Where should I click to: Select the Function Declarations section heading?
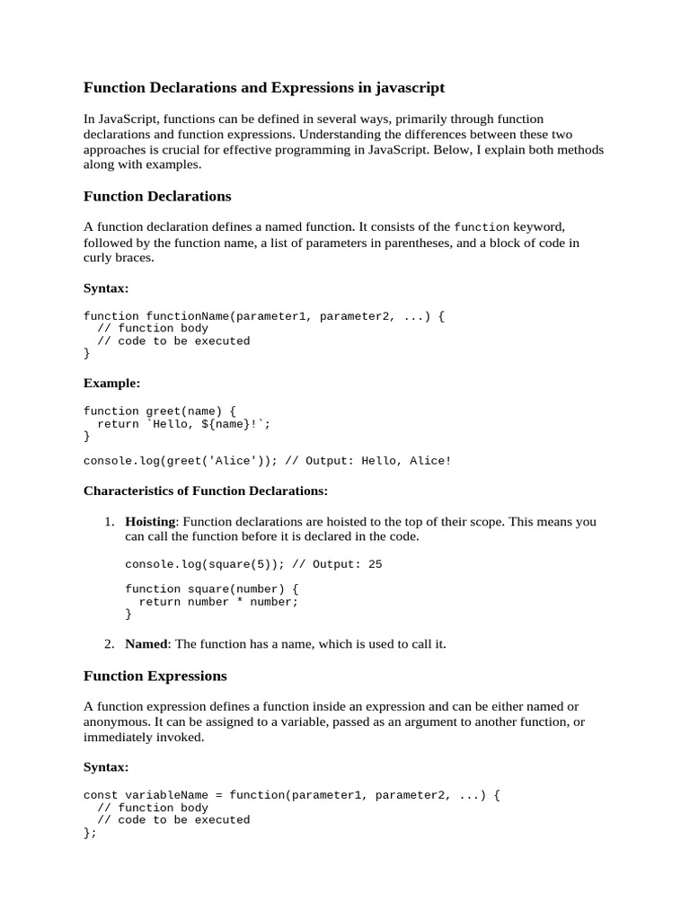[157, 196]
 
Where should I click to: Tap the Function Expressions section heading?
[155, 676]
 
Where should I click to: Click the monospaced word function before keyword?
[482, 227]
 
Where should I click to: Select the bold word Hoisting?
[151, 521]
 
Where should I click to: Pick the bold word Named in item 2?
[146, 643]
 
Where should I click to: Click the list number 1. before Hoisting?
[109, 521]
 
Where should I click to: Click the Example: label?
[111, 383]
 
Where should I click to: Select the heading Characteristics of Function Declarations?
[206, 491]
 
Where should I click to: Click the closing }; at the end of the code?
[89, 833]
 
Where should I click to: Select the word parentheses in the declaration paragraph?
[412, 243]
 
